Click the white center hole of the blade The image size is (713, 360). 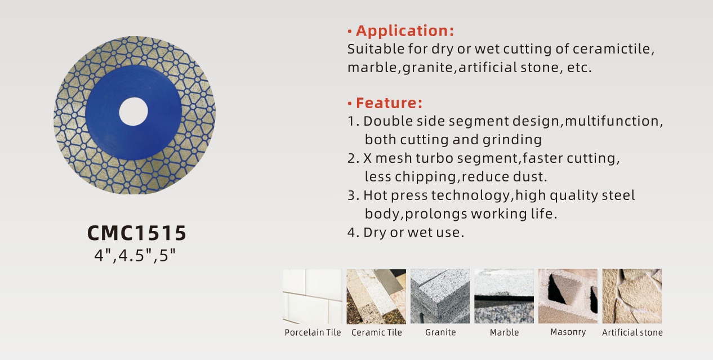click(x=133, y=112)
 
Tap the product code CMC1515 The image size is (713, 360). click(x=137, y=233)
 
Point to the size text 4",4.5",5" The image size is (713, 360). click(x=135, y=255)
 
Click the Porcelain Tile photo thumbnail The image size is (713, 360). click(x=313, y=296)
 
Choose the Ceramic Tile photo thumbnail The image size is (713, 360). click(x=376, y=296)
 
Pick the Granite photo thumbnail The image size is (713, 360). click(x=440, y=296)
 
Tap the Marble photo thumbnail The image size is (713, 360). click(x=504, y=296)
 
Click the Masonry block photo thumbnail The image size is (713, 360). click(x=568, y=296)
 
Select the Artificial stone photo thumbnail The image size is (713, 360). click(x=632, y=296)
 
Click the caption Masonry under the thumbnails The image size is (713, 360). click(x=568, y=332)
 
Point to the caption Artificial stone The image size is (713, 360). click(x=632, y=332)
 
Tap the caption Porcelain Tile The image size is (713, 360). click(x=313, y=332)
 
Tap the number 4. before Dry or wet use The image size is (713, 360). click(x=353, y=232)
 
